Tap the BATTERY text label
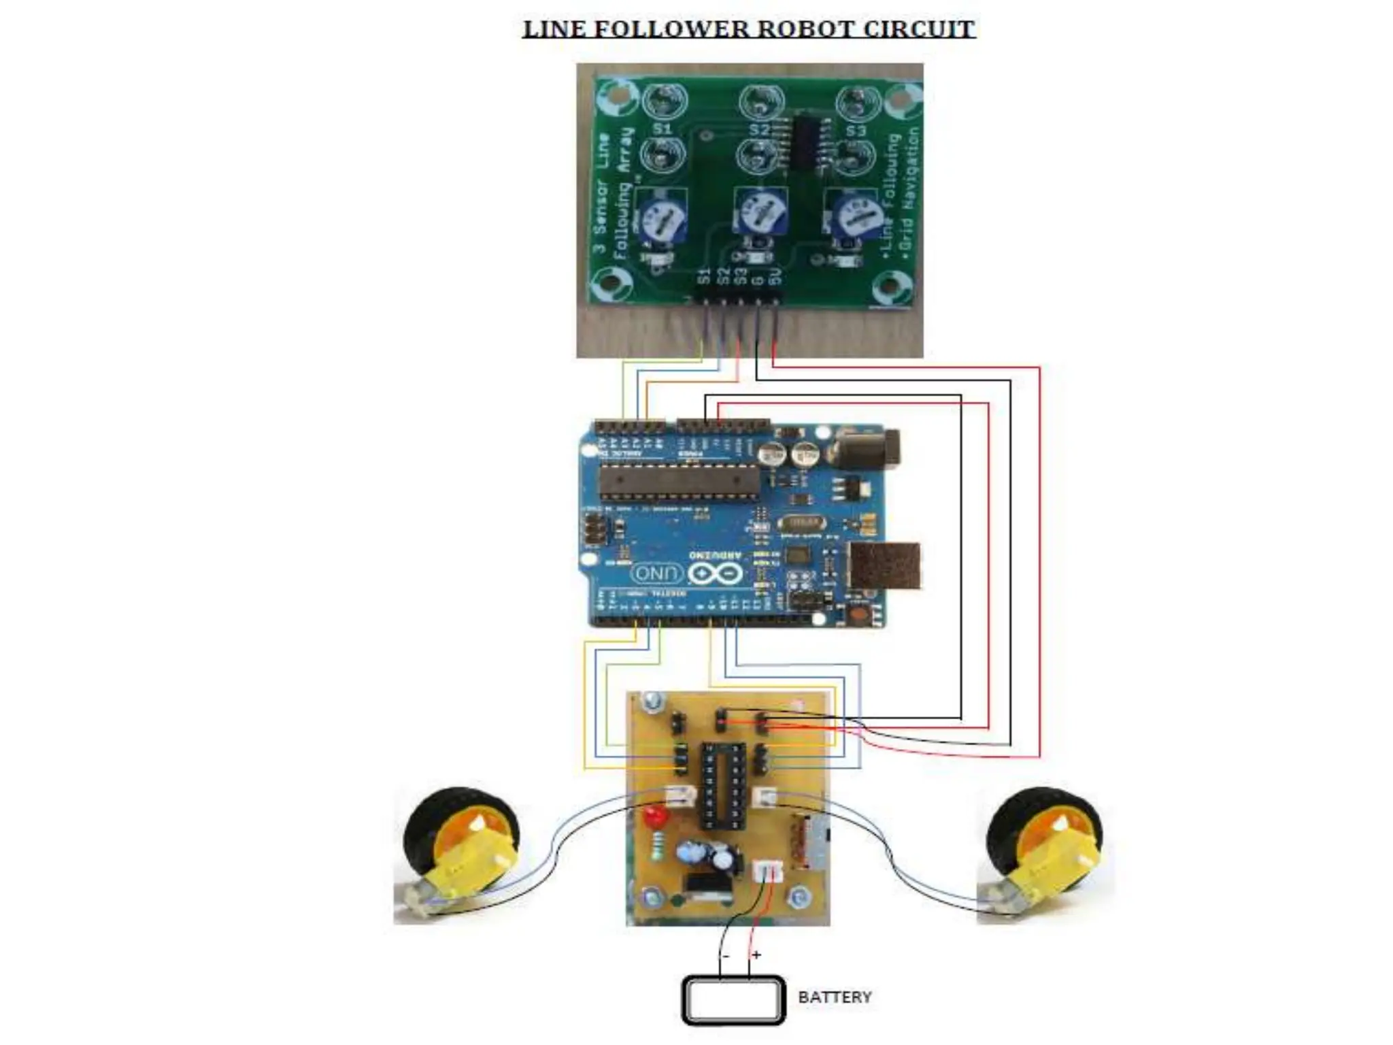[x=835, y=997]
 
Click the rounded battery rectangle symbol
[x=733, y=999]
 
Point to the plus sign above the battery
[x=756, y=955]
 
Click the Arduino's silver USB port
[x=885, y=565]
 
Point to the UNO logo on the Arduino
[x=657, y=574]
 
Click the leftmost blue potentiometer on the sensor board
[x=660, y=218]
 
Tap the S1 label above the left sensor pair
[x=662, y=129]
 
